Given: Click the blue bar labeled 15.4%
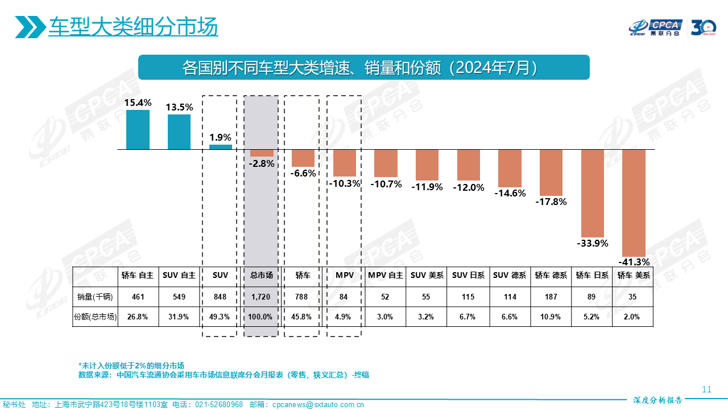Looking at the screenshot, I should tap(138, 130).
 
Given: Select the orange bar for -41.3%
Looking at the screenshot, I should tap(634, 203).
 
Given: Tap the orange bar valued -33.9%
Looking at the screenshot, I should tap(593, 193).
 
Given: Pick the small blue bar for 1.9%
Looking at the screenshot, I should tap(221, 147).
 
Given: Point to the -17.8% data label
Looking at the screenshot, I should tap(551, 202).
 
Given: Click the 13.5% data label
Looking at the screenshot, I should tap(179, 107).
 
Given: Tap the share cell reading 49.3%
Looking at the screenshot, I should tap(220, 317).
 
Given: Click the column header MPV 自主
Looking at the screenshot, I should tap(386, 275).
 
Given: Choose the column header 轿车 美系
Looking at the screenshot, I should tap(634, 275).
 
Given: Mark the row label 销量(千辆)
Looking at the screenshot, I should tap(95, 297).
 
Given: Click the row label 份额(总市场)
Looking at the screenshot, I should tap(95, 317).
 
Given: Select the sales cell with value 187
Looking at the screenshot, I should tap(551, 297).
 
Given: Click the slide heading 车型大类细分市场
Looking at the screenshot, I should tap(133, 27).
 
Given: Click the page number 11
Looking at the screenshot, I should tap(707, 389).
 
